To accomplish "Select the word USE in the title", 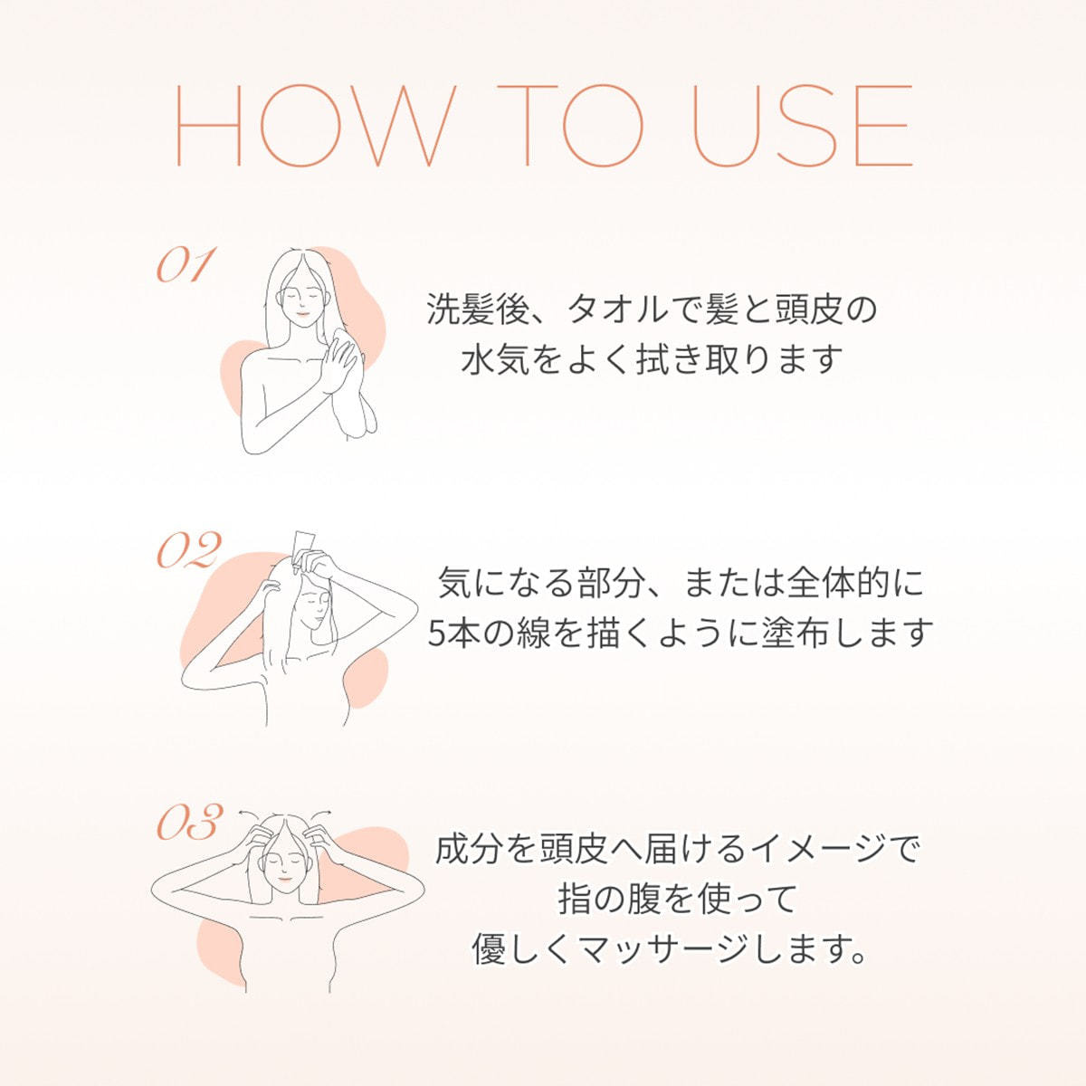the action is pyautogui.click(x=802, y=125).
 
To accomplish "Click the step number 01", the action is pyautogui.click(x=186, y=264).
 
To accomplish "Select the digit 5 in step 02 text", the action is pyautogui.click(x=437, y=633).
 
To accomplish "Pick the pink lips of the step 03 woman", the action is pyautogui.click(x=285, y=878).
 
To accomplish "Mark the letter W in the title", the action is pyautogui.click(x=393, y=125).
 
